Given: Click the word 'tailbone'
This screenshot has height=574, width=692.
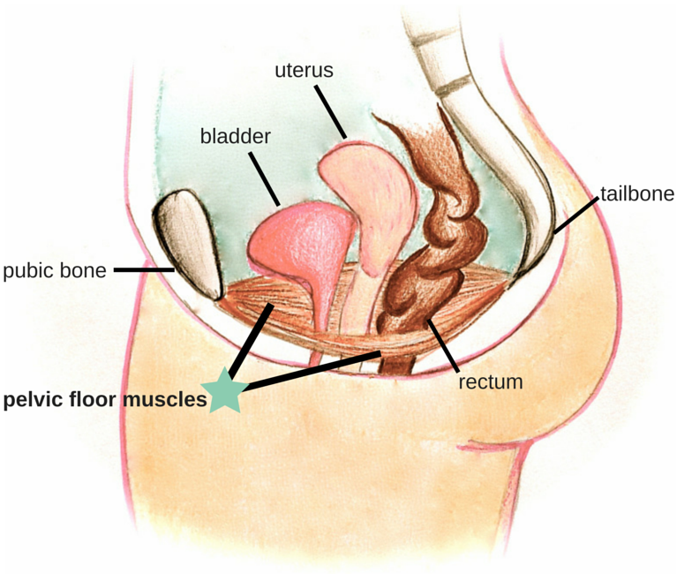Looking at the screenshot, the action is click(x=636, y=193).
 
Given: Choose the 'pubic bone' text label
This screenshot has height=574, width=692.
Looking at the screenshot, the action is click(x=54, y=270).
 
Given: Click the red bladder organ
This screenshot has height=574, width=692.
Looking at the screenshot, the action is click(x=296, y=243).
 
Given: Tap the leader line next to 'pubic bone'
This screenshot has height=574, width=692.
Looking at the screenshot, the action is click(x=144, y=269).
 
